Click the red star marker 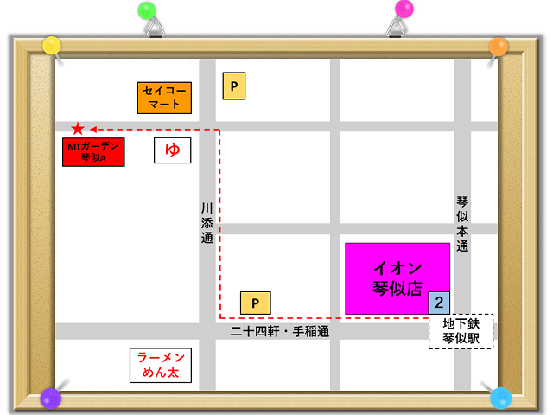click(78, 129)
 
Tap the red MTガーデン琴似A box click(93, 151)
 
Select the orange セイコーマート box click(164, 98)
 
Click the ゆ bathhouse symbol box click(173, 150)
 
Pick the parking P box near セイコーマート click(234, 86)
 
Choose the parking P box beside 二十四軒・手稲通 click(255, 303)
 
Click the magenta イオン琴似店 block click(397, 278)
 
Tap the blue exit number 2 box click(439, 303)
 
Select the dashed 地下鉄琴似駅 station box click(461, 331)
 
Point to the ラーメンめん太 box click(160, 365)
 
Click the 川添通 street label click(207, 223)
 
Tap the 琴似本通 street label click(462, 223)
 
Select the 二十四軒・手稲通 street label click(279, 331)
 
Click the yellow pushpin click(52, 45)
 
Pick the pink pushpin click(404, 10)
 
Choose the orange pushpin click(499, 46)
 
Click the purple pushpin click(51, 399)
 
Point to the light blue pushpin click(501, 398)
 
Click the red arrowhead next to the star click(94, 129)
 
